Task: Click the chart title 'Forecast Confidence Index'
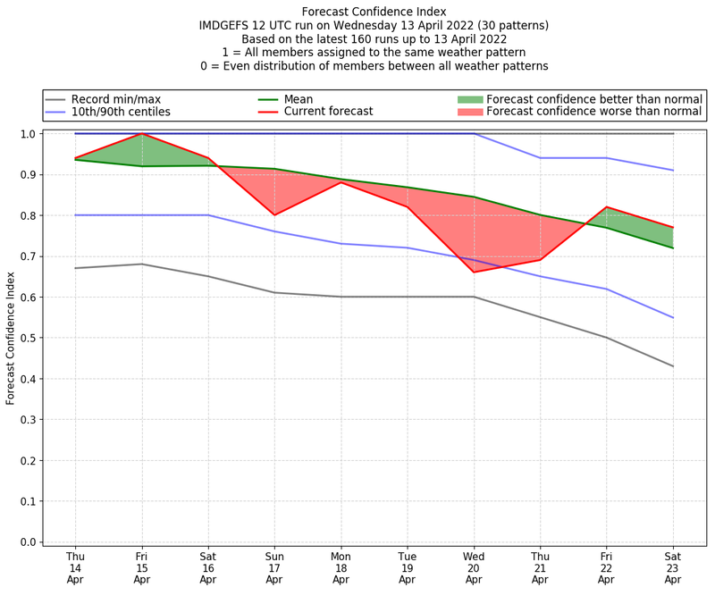coord(374,12)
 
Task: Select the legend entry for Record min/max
coord(115,98)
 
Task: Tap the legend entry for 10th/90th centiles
coord(121,112)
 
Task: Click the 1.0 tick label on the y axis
coord(29,134)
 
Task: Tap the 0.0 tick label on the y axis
coord(29,542)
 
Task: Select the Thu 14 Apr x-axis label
coord(76,566)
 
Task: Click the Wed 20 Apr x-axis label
coord(474,566)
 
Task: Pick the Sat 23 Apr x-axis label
coord(673,566)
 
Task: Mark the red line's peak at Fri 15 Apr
coord(142,134)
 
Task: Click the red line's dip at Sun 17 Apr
coord(274,215)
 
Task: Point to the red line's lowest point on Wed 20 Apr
coord(474,273)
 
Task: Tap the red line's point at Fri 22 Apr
coord(607,207)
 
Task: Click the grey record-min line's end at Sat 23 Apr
coord(673,366)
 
